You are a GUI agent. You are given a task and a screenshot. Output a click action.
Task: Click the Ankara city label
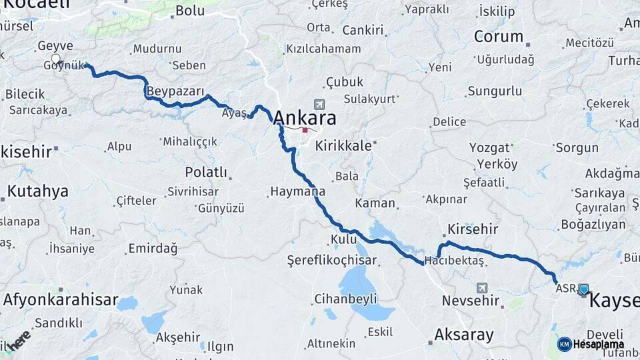304,117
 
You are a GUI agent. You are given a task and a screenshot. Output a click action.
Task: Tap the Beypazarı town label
175,90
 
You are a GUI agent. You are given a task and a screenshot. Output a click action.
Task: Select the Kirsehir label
473,229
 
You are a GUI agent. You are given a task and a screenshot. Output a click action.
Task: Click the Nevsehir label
471,301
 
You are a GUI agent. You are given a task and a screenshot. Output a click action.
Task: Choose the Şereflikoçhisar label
331,260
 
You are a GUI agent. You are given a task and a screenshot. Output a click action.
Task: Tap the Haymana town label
297,191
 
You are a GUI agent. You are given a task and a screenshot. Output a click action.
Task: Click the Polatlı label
206,172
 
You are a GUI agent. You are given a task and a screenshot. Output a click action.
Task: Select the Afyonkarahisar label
61,299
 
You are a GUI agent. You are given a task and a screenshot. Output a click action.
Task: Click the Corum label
498,37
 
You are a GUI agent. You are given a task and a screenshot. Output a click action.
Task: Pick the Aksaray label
463,334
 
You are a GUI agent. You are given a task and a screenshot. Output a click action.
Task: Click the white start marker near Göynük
56,59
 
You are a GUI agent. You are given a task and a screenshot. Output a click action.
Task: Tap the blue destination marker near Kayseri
584,289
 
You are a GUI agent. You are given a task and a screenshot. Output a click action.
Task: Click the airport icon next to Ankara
319,105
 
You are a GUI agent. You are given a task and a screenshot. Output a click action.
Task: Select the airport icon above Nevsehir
481,287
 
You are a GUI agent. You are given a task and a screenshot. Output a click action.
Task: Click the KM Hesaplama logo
591,344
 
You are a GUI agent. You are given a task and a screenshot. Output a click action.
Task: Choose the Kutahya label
37,191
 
